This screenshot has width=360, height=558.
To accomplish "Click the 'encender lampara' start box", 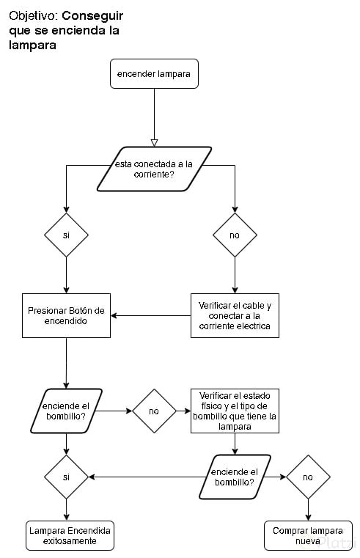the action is [154, 73].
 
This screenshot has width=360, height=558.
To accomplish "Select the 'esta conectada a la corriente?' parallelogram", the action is [154, 169].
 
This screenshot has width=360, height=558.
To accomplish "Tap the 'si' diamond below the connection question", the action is [66, 235].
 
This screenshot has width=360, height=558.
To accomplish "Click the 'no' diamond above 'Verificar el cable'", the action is [235, 235].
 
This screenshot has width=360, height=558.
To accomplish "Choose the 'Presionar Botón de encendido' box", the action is [66, 315].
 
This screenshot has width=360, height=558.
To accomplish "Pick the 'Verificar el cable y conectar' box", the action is [235, 315].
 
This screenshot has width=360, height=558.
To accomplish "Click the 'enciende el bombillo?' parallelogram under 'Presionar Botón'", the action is [66, 411].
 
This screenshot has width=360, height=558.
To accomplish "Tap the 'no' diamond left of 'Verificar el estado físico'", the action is [154, 411].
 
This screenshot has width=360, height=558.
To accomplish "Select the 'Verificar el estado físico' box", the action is [235, 411].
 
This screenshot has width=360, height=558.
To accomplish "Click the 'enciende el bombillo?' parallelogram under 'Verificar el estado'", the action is [235, 477].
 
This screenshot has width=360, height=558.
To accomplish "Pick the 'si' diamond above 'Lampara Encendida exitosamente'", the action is [66, 477].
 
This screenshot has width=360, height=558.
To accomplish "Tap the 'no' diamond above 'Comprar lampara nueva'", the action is [308, 477].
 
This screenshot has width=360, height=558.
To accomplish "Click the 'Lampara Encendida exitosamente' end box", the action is [70, 535].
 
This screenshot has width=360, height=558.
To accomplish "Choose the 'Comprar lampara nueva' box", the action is [308, 535].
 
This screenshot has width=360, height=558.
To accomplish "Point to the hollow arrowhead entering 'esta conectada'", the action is [154, 143].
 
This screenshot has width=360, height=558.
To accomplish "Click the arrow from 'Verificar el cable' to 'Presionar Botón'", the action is [151, 315].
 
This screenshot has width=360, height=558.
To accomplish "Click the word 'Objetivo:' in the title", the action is [33, 16].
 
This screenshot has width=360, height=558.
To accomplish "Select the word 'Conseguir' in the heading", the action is [92, 15].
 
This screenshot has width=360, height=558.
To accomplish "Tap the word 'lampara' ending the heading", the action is [32, 45].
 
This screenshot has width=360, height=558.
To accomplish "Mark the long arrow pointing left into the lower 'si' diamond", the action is [147, 477].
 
